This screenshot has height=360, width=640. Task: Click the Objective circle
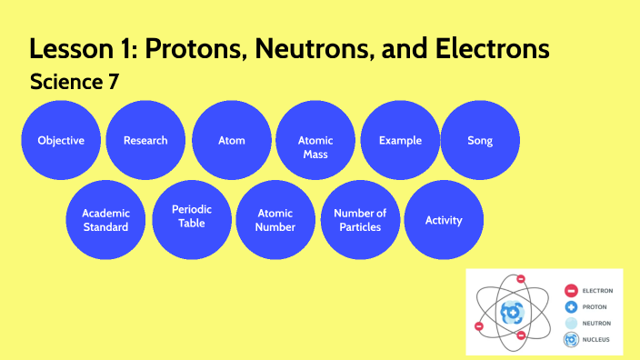[61, 140]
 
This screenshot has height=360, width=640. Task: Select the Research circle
[145, 140]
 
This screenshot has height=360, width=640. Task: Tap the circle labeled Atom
[232, 140]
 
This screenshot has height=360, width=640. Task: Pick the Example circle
[400, 140]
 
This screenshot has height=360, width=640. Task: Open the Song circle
[479, 140]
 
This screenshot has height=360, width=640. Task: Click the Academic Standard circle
[105, 220]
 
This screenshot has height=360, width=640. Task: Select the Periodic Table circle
[192, 216]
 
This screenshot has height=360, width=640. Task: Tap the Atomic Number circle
[275, 220]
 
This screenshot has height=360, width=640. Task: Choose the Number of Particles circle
[360, 220]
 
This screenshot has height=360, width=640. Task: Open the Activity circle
[444, 220]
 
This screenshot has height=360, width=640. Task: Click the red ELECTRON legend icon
[571, 291]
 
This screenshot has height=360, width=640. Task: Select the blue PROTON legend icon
[571, 307]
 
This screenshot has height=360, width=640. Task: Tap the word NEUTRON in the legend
[597, 324]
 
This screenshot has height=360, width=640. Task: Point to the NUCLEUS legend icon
[571, 340]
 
